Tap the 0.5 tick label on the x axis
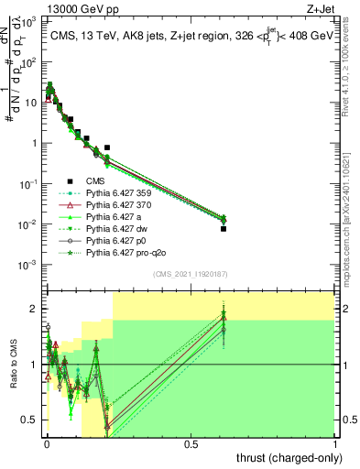point(191,443)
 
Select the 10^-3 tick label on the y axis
point(29,265)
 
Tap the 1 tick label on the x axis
point(335,443)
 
